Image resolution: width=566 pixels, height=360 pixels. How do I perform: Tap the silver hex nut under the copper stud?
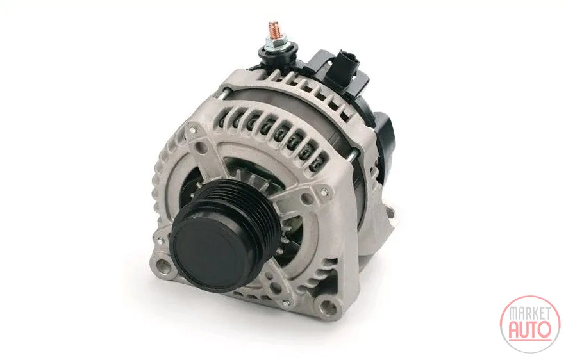(274, 42)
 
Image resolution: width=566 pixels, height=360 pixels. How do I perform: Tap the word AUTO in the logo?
(530, 329)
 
